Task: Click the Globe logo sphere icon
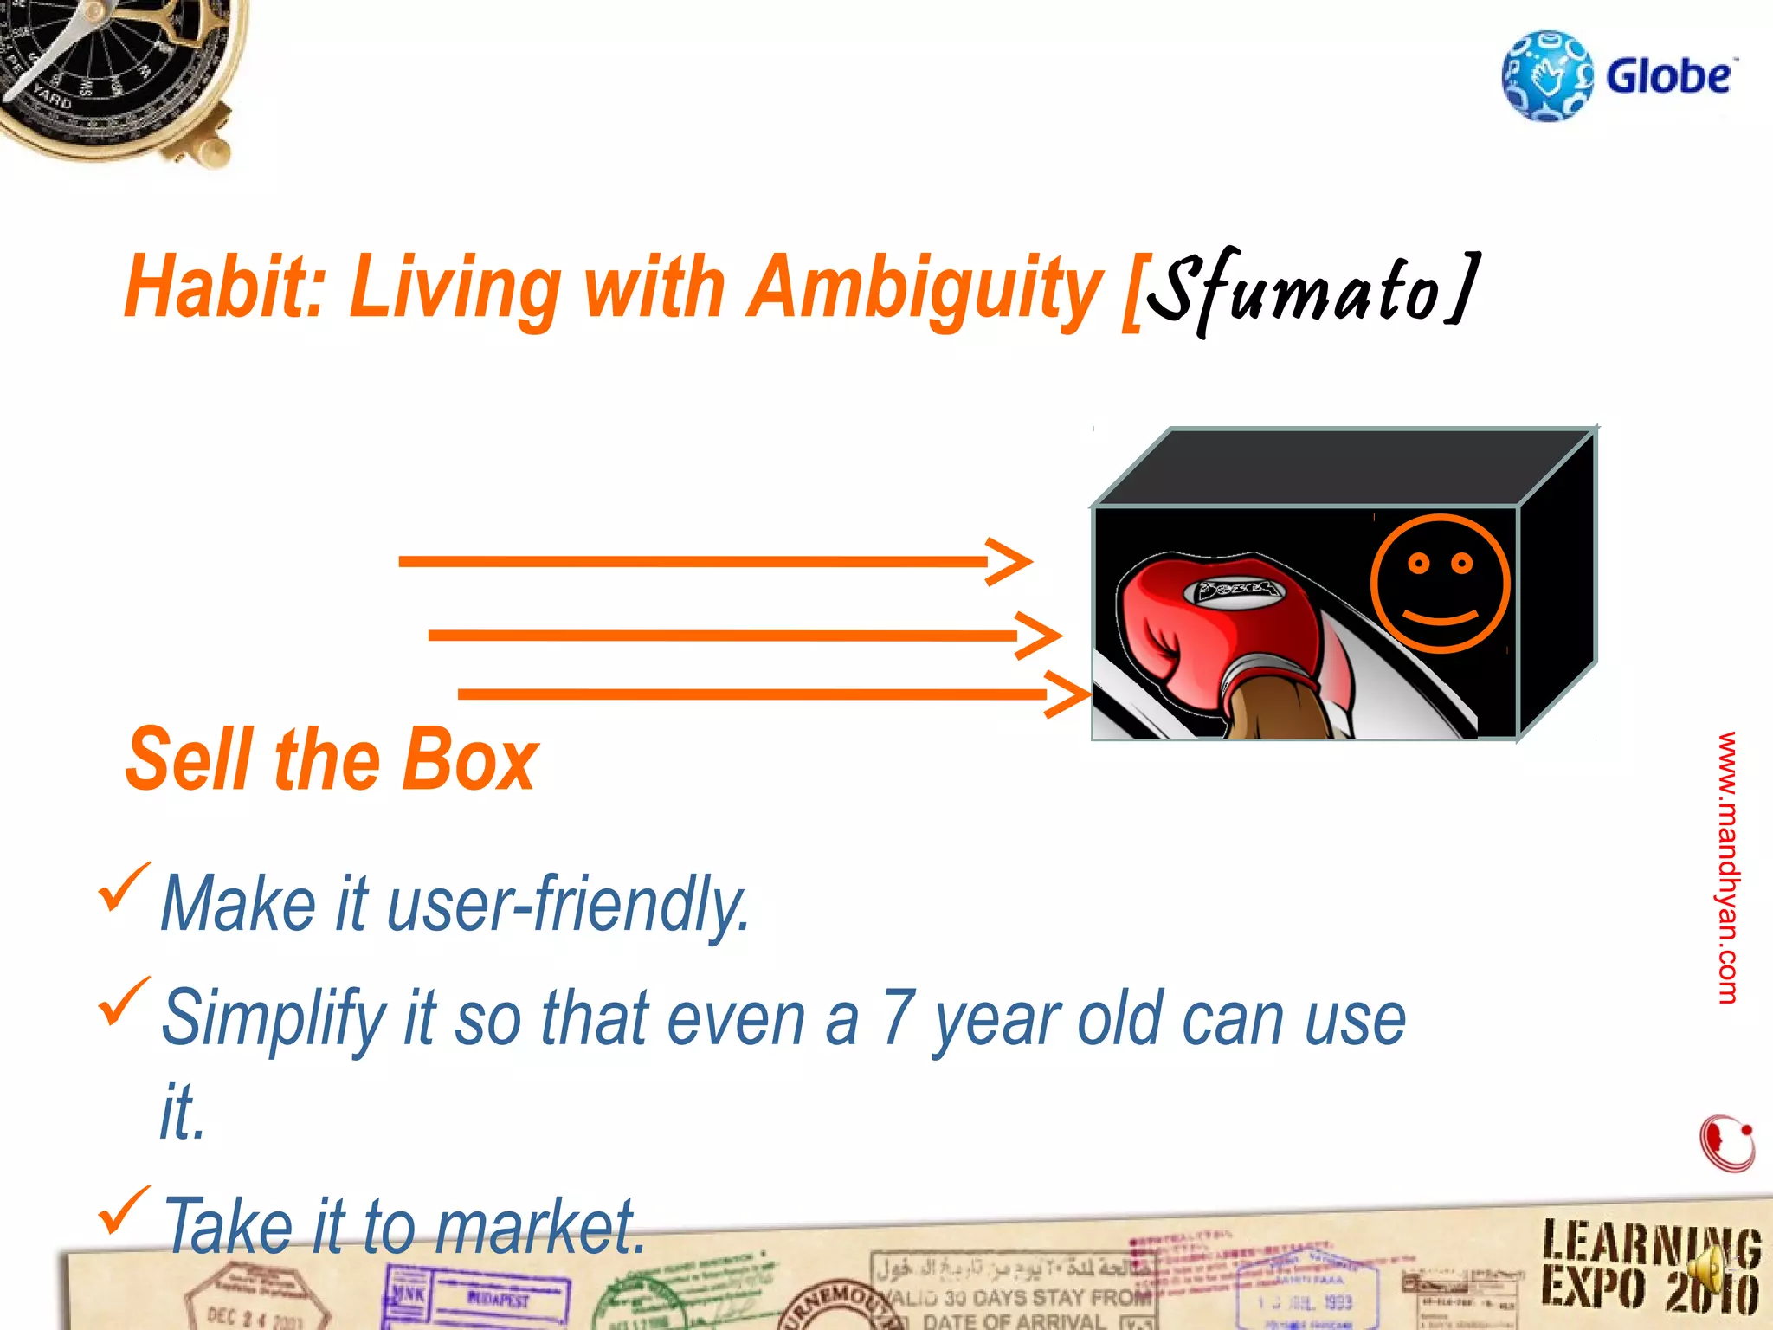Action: [x=1547, y=76]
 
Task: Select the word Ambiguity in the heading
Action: [x=923, y=288]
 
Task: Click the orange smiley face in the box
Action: [x=1440, y=583]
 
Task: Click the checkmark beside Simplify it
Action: [x=124, y=1002]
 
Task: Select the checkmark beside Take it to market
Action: [x=124, y=1211]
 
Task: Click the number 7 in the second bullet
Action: [x=898, y=1018]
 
